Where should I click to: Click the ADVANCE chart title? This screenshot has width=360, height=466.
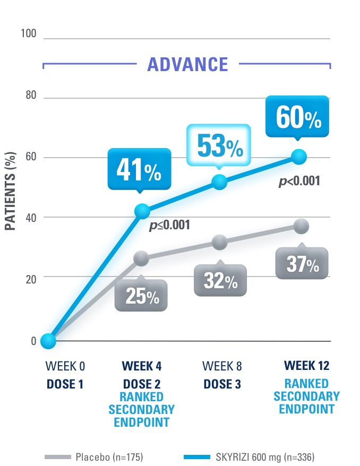tap(187, 64)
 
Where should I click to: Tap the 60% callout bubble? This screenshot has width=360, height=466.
tap(298, 118)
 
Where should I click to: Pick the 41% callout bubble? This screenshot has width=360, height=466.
tap(141, 170)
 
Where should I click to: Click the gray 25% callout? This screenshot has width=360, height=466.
tap(141, 296)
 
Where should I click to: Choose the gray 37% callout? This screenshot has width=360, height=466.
tap(302, 264)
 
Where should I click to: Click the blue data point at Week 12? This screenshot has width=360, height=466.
tap(299, 157)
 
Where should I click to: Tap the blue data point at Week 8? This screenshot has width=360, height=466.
tap(219, 183)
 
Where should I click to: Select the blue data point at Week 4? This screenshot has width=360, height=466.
tap(141, 211)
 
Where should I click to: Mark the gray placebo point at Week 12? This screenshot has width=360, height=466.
tap(301, 226)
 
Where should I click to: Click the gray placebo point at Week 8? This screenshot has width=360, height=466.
tap(219, 243)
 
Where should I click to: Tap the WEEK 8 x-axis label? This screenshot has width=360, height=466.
tap(219, 366)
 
